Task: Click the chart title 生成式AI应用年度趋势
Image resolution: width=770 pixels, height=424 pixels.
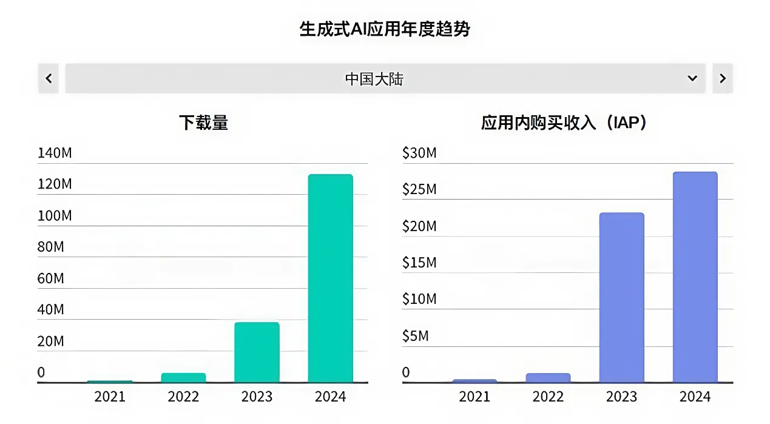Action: click(385, 29)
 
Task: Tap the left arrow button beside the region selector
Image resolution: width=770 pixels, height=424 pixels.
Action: click(49, 78)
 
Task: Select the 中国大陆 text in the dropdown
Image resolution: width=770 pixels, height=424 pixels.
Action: click(374, 79)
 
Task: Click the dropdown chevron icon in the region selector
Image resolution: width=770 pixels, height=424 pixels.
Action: click(692, 78)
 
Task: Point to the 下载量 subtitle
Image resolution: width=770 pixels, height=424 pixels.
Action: click(203, 123)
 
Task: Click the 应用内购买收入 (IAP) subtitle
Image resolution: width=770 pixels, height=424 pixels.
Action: click(564, 123)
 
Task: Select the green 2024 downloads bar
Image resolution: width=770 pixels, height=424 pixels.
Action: click(330, 278)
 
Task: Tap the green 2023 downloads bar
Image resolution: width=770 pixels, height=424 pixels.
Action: click(257, 352)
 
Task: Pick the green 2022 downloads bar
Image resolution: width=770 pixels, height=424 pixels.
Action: click(183, 377)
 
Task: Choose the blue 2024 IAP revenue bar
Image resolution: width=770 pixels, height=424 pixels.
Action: click(695, 277)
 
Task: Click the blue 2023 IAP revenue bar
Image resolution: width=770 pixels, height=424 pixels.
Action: click(621, 298)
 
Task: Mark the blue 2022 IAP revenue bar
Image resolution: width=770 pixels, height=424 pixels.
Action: click(548, 377)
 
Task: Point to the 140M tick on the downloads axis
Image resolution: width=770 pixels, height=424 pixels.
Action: click(55, 153)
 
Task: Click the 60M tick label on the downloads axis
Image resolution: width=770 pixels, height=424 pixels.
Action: click(50, 278)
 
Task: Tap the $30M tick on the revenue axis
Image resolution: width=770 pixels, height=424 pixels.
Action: click(419, 153)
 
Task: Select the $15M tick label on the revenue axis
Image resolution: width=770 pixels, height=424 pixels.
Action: click(419, 263)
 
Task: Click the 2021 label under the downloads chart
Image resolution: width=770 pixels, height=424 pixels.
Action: click(110, 397)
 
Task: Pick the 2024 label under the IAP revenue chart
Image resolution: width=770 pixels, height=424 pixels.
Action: click(695, 397)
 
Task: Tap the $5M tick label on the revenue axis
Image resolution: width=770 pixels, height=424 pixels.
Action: click(416, 335)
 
